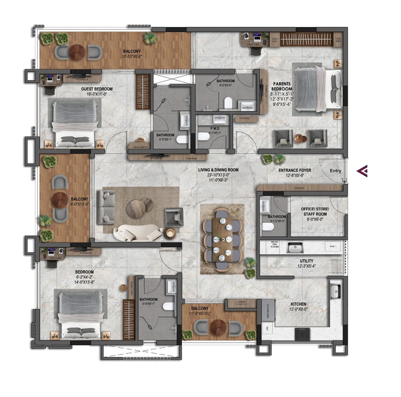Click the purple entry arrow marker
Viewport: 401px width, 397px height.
tap(362, 171)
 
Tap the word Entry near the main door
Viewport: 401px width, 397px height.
tap(335, 171)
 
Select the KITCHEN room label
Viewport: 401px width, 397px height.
tap(298, 304)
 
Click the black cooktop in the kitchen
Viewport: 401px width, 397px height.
tap(302, 334)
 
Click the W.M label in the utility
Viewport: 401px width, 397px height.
tap(332, 246)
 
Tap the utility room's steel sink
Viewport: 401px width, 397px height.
tap(295, 248)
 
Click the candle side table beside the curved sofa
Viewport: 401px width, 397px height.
tap(170, 233)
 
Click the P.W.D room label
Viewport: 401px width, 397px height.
tap(215, 129)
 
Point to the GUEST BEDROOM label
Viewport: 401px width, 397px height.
tap(97, 89)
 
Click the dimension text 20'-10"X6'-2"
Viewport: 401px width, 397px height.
tap(132, 56)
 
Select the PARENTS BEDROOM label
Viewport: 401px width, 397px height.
tap(282, 86)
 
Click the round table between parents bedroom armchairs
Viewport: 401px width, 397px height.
tap(300, 139)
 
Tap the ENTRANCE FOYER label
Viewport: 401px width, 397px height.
tap(295, 170)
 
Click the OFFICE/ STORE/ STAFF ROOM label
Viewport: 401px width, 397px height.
tap(315, 211)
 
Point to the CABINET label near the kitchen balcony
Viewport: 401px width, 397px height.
tap(241, 302)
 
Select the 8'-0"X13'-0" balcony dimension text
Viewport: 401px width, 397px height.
tap(79, 204)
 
